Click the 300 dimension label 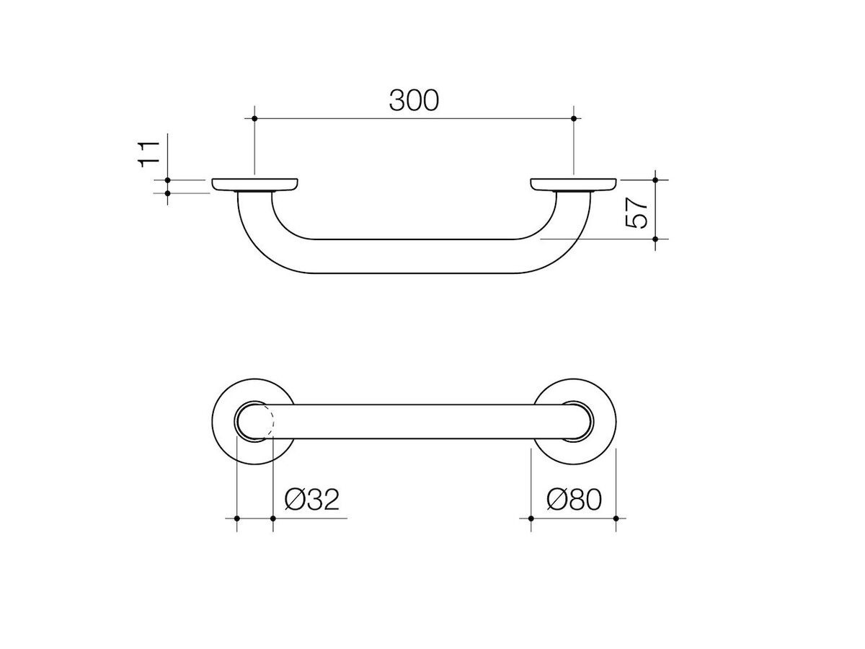[414, 100]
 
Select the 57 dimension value [637, 212]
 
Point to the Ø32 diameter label [311, 500]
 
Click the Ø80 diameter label [573, 500]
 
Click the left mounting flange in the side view [255, 185]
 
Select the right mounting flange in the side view [573, 185]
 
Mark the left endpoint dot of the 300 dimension [255, 118]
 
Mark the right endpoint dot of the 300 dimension [573, 118]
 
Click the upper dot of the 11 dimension [167, 179]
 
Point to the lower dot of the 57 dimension [655, 239]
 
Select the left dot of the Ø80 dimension [531, 518]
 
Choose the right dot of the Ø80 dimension [616, 518]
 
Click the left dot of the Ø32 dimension [236, 518]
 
